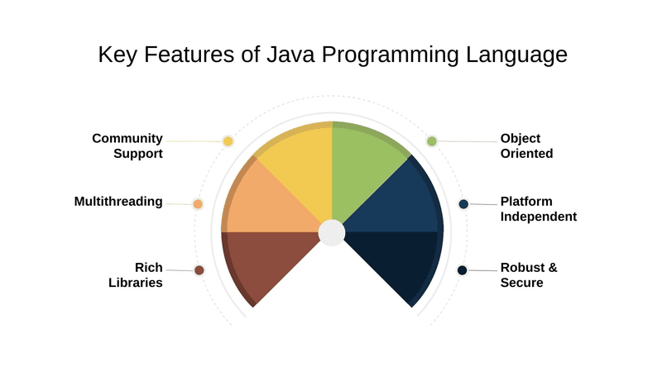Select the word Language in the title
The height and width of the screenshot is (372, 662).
(x=515, y=57)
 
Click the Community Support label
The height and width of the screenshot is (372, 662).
(x=127, y=145)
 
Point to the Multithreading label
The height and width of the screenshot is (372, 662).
(x=118, y=201)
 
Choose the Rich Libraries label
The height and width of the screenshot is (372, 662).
(x=136, y=274)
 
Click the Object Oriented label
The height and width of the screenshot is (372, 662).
(x=526, y=145)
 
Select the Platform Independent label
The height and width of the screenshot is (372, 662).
(x=538, y=208)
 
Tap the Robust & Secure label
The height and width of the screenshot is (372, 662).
(x=529, y=274)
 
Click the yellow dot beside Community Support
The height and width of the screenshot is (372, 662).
(x=228, y=141)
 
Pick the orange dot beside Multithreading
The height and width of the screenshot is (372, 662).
(x=198, y=204)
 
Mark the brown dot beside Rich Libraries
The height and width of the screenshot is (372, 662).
(x=199, y=270)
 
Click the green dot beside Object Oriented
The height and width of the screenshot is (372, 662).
(x=431, y=141)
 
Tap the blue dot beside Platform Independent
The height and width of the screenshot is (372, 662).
(x=463, y=204)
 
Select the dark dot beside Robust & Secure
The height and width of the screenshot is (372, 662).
(x=463, y=270)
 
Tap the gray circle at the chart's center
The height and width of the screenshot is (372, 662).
(x=331, y=232)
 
